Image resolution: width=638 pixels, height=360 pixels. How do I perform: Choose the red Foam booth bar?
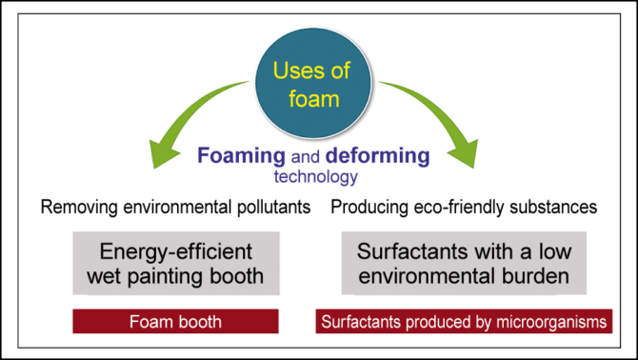coord(175,322)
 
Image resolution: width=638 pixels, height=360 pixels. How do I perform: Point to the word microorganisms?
coord(559,322)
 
